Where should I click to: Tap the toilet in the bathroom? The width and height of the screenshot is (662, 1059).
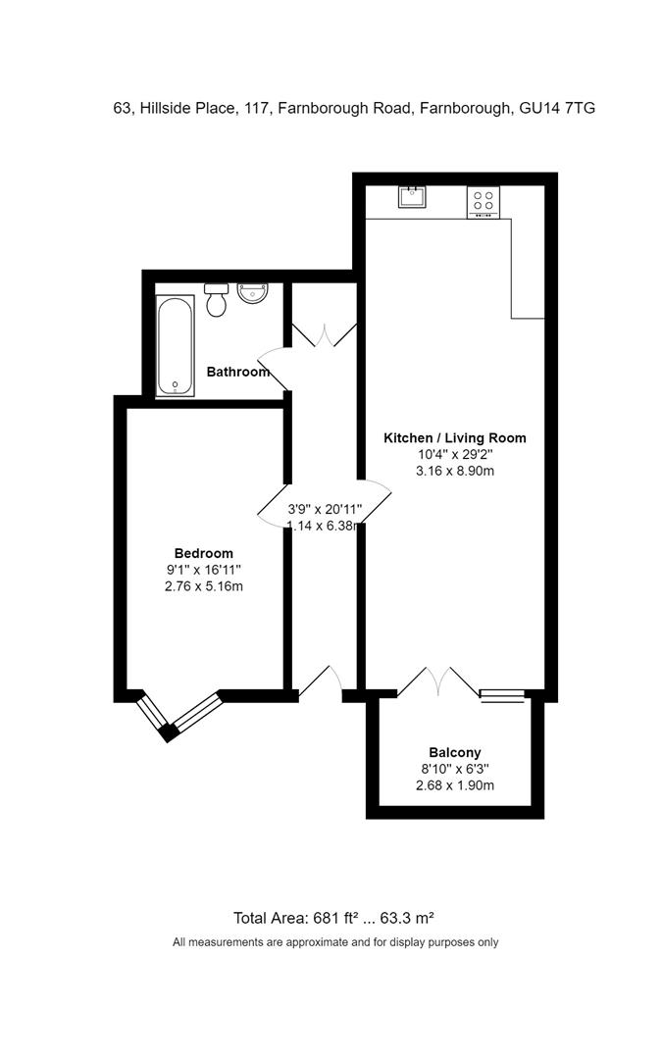[217, 300]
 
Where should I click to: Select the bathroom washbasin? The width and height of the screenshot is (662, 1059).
[253, 292]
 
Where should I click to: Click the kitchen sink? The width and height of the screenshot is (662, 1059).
[412, 197]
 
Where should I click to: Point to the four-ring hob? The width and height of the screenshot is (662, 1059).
[483, 201]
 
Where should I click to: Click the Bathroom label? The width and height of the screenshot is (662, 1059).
[237, 373]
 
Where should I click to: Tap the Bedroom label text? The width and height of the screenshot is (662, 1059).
[203, 553]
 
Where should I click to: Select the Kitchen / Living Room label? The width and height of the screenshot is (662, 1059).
[454, 438]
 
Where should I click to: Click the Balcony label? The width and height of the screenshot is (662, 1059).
[454, 753]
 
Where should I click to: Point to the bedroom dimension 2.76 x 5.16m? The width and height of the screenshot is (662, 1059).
[203, 586]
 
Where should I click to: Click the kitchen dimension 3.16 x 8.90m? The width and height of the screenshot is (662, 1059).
[454, 472]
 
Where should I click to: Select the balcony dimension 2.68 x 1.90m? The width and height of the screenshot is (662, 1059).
[454, 785]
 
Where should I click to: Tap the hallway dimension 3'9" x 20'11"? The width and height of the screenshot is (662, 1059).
[325, 510]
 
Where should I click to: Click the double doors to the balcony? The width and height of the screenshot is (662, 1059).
[438, 681]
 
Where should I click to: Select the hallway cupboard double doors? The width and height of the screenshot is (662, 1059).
[324, 334]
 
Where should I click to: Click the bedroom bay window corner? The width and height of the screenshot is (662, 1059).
[169, 731]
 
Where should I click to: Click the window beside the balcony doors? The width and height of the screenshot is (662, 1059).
[502, 696]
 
